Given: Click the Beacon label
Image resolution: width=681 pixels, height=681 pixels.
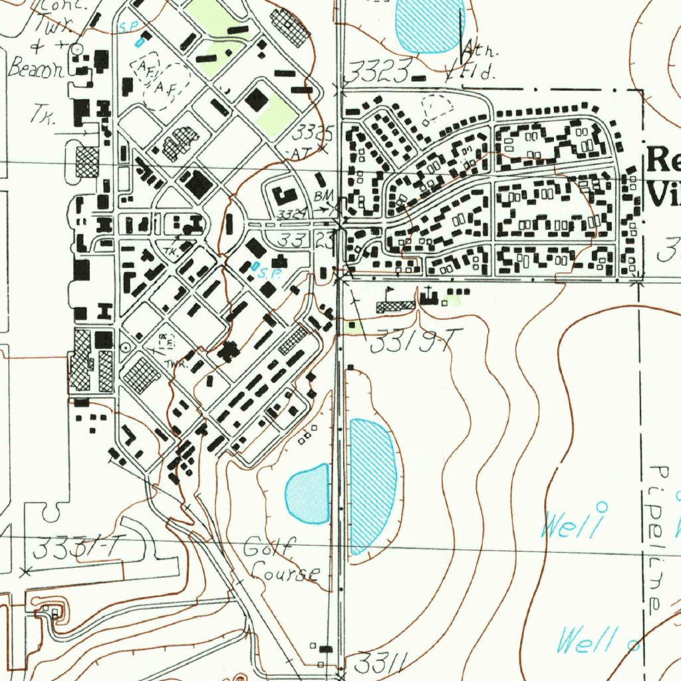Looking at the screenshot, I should coord(35,68).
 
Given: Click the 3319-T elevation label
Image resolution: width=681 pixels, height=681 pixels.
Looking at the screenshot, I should coord(412,343).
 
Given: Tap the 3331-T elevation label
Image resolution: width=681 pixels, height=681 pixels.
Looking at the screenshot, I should coord(78,549).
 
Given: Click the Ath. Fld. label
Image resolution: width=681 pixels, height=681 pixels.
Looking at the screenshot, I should coord(477,60).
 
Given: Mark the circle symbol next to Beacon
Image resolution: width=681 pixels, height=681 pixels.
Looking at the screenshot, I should coord(76,49).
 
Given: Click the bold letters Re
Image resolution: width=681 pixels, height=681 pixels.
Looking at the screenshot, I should coord(662,160).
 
